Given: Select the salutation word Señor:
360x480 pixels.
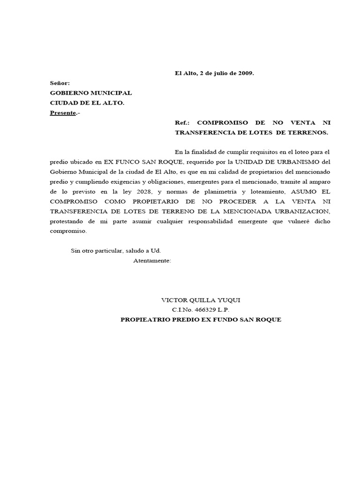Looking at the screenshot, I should [x=60, y=83].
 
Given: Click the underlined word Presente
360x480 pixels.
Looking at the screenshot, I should [x=63, y=113].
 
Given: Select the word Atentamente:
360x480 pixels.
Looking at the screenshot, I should [x=152, y=260].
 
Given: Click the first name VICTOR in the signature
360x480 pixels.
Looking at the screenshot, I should [x=173, y=300].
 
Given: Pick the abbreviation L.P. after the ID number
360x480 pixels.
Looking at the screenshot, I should [x=223, y=310].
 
